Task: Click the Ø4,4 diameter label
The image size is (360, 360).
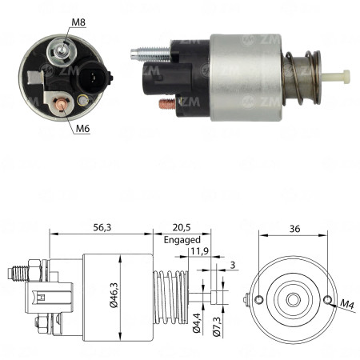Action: click(x=197, y=331)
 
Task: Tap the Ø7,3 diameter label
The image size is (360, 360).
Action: click(x=215, y=331)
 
